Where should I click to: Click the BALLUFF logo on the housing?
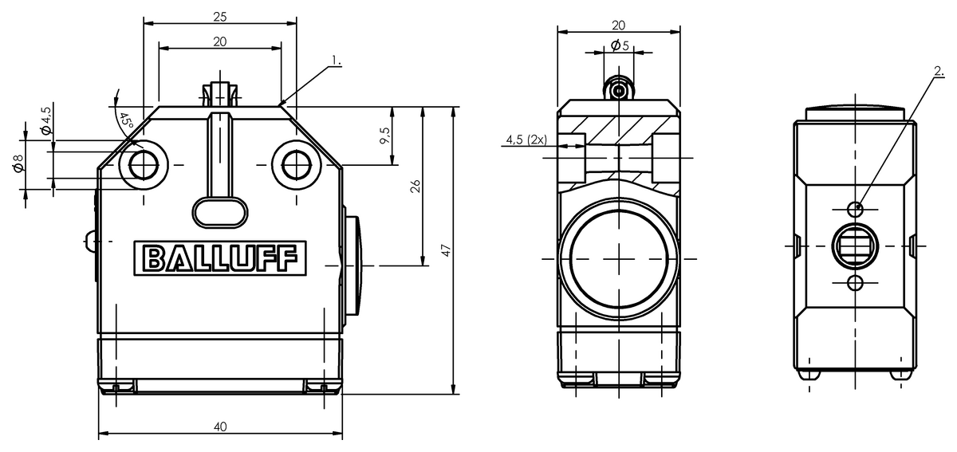point(220,258)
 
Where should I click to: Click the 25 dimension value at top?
point(219,17)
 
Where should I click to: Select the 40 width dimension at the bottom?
point(220,426)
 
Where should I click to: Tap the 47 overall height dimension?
point(446,250)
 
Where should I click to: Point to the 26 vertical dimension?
point(415,186)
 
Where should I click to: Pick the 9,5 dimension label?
point(384,136)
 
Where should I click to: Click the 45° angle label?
point(127,120)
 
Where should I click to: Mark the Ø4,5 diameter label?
point(46,120)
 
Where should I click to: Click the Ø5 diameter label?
point(620,45)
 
